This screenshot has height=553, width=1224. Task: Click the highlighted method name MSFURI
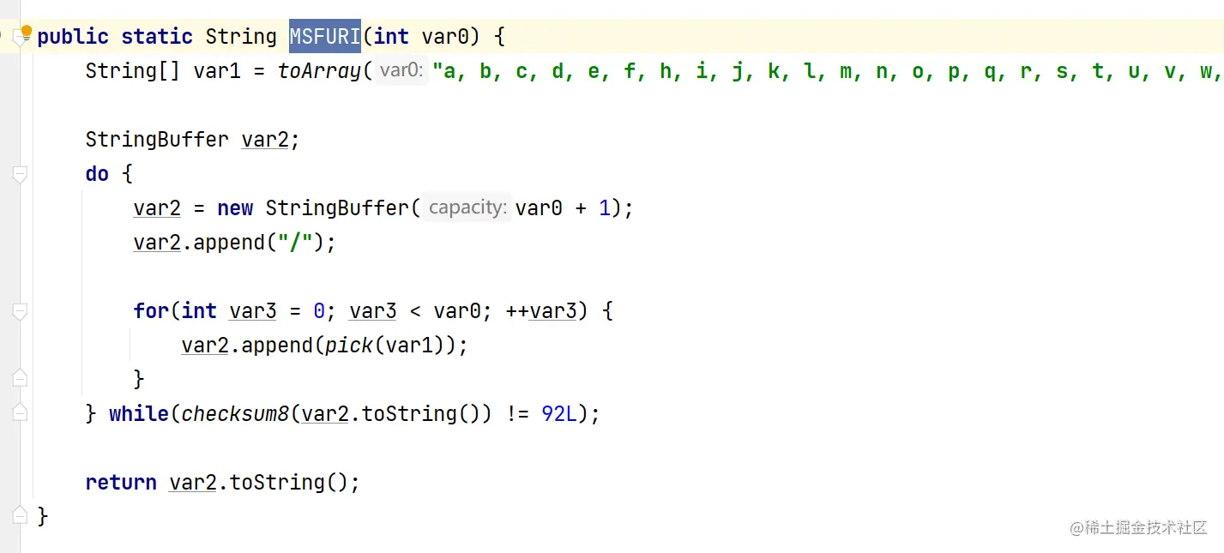(324, 37)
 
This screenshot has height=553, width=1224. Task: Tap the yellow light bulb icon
(26, 33)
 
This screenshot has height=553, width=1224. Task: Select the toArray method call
(319, 71)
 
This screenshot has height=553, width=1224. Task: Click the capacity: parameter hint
(467, 207)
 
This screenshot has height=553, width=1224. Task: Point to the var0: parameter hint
(401, 71)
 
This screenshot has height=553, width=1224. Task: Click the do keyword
(97, 174)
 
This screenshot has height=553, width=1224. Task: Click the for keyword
(151, 311)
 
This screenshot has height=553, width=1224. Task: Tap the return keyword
(121, 483)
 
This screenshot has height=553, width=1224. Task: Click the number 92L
(559, 414)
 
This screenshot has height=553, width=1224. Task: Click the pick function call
(348, 346)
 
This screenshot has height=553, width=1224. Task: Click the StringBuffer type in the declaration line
(157, 140)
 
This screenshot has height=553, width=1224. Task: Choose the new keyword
(235, 208)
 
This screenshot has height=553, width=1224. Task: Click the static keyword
(157, 37)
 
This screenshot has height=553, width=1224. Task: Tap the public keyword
(73, 37)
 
